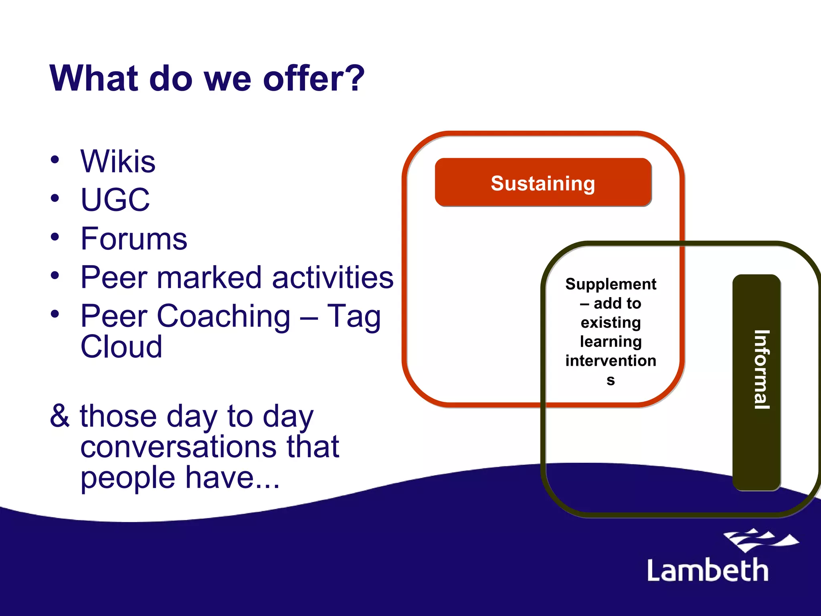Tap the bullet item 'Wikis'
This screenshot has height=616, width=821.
pyautogui.click(x=118, y=162)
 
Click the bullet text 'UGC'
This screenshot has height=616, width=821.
pyautogui.click(x=115, y=200)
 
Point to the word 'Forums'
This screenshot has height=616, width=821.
pyautogui.click(x=134, y=239)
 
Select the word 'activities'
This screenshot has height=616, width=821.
pyautogui.click(x=333, y=277)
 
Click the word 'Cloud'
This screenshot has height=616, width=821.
pyautogui.click(x=121, y=346)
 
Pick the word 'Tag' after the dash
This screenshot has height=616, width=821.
pyautogui.click(x=354, y=316)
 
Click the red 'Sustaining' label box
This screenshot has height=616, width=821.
pyautogui.click(x=543, y=183)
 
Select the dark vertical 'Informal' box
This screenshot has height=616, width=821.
pyautogui.click(x=756, y=382)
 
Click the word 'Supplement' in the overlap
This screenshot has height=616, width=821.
pyautogui.click(x=611, y=284)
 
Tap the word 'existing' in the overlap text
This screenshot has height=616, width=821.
pyautogui.click(x=611, y=322)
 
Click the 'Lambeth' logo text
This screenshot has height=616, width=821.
pyautogui.click(x=708, y=570)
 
